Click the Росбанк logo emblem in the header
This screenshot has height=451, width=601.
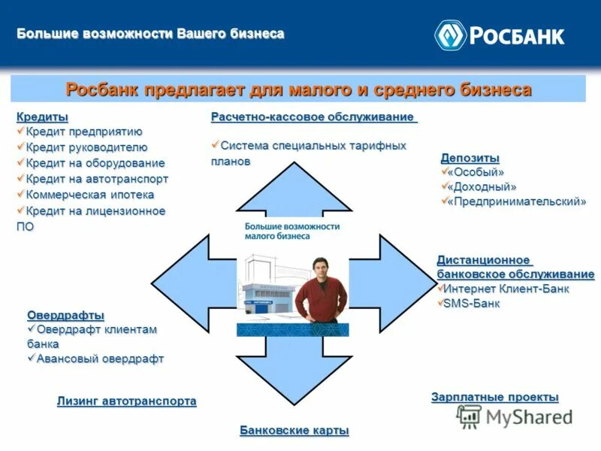tap(451, 35)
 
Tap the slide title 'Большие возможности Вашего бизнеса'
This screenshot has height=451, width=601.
tap(150, 34)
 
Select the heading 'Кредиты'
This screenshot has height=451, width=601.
tap(42, 117)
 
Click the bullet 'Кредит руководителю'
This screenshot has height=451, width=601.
tap(86, 147)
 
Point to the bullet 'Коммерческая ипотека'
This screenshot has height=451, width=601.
tap(90, 195)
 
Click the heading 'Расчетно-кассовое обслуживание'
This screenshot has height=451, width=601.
tap(313, 117)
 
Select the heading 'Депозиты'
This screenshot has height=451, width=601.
tap(470, 157)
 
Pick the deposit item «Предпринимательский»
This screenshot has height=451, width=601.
tap(516, 201)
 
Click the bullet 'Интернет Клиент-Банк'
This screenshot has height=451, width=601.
tap(506, 289)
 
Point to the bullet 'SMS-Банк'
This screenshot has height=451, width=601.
tap(471, 304)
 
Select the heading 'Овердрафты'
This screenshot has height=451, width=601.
tap(65, 315)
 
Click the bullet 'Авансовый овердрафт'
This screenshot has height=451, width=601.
tap(100, 359)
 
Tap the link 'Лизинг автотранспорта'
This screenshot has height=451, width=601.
tap(126, 401)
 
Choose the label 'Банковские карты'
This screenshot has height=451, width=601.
tap(294, 430)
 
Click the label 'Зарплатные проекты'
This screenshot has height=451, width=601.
tap(494, 397)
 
